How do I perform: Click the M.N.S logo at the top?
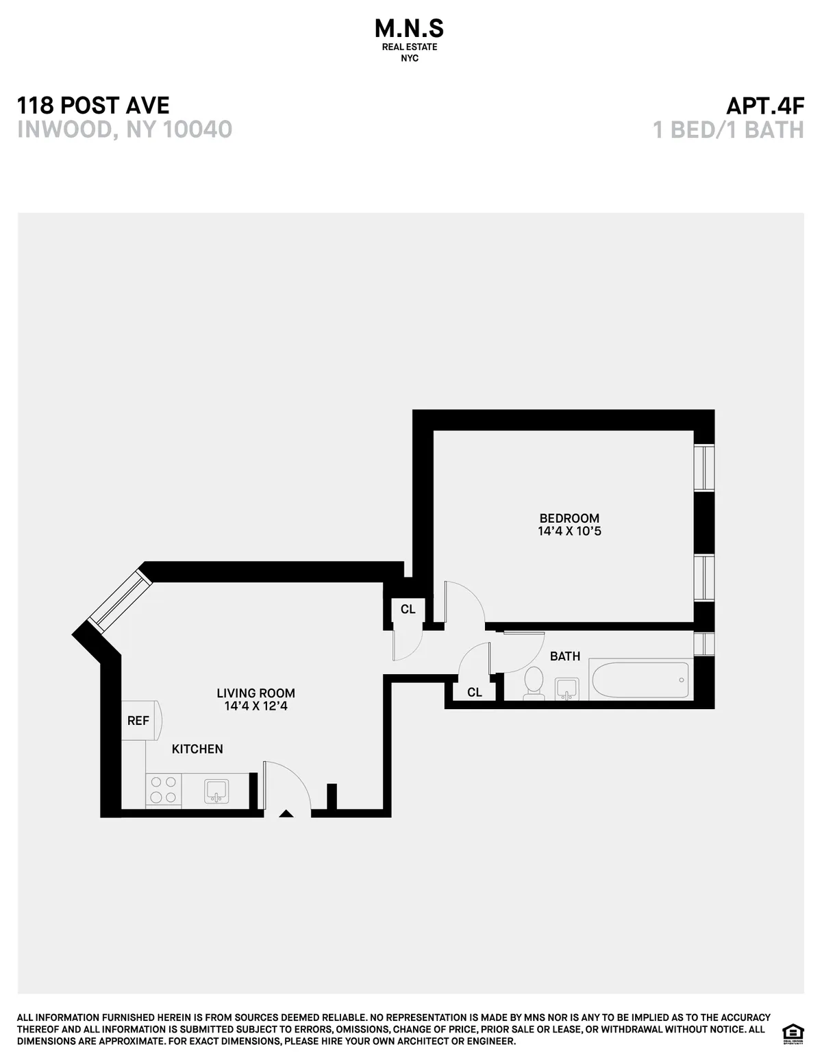(x=410, y=29)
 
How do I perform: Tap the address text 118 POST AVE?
(x=93, y=106)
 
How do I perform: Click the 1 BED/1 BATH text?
(x=729, y=129)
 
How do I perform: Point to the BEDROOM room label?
(x=569, y=518)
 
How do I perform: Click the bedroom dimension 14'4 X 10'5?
(x=569, y=531)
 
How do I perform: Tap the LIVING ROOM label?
(x=256, y=693)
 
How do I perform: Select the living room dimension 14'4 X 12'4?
(x=256, y=706)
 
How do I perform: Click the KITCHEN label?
(x=197, y=749)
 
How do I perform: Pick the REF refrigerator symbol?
(x=140, y=721)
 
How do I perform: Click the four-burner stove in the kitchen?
(x=163, y=789)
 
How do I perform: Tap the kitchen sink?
(x=216, y=791)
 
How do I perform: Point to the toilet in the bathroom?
(x=533, y=683)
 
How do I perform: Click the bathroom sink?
(x=566, y=689)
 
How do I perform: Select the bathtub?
(x=640, y=680)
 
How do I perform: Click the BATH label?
(x=565, y=656)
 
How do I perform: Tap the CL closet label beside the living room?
(x=408, y=609)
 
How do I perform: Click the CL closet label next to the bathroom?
(x=475, y=693)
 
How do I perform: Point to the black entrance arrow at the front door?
(x=286, y=814)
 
